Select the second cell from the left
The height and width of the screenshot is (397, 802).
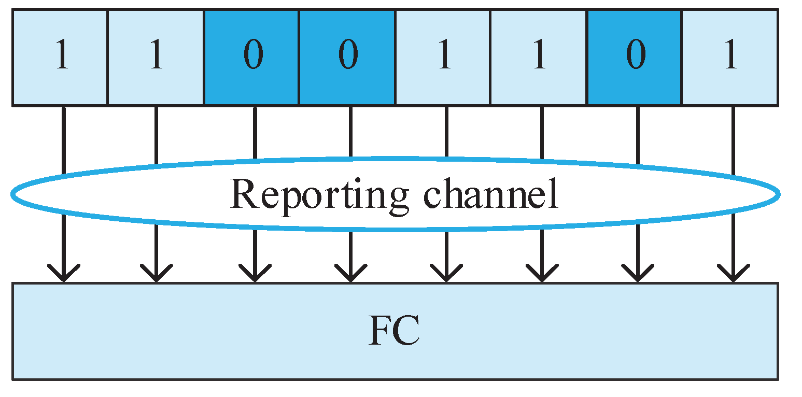156,57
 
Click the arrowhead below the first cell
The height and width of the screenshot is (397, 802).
63,274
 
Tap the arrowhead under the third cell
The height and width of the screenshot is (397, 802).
255,274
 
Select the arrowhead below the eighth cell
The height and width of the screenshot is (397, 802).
733,274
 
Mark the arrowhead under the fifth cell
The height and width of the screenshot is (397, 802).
446,274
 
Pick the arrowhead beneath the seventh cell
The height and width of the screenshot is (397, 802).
637,274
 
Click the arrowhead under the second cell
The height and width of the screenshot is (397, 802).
156,274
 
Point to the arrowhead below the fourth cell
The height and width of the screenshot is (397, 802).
350,274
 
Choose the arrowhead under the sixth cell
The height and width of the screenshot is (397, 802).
542,274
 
